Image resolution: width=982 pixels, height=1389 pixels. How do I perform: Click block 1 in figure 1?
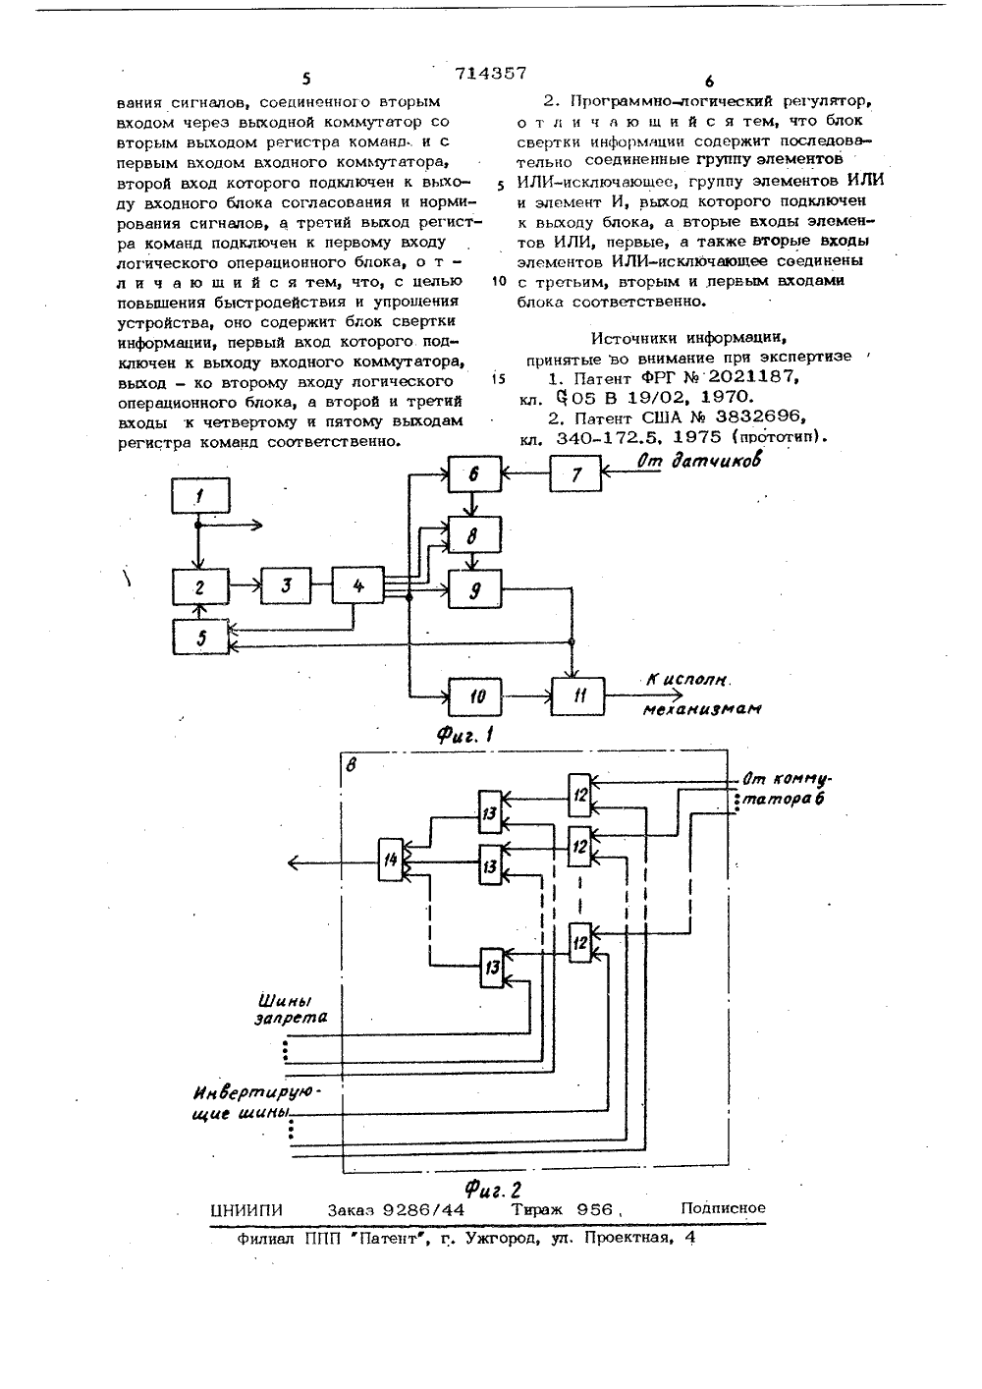(x=200, y=495)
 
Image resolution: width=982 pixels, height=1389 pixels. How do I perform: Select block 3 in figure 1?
(x=286, y=585)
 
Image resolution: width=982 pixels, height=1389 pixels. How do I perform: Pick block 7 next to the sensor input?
(x=575, y=473)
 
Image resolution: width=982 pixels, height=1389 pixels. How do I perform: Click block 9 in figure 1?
(x=475, y=589)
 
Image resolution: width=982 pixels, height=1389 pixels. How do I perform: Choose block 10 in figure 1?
(x=475, y=696)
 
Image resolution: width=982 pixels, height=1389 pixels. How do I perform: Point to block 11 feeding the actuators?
(x=578, y=696)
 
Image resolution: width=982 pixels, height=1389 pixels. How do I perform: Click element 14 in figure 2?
(x=391, y=860)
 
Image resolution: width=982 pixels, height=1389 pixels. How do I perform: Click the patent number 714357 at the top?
(x=491, y=73)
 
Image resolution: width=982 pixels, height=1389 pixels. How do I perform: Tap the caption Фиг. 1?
(x=464, y=736)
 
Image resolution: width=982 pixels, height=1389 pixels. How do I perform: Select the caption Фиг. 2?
(x=494, y=1189)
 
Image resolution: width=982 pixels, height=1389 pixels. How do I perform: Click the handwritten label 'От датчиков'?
(x=699, y=462)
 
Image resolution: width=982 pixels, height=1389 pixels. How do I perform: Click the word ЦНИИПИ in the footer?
(x=246, y=1210)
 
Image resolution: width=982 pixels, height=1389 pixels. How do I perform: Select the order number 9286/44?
(x=424, y=1210)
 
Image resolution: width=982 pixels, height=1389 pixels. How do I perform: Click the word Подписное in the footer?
(x=723, y=1208)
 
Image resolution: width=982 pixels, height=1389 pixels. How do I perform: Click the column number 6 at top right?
(x=709, y=82)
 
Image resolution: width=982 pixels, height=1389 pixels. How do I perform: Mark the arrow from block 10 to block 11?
(x=527, y=696)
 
